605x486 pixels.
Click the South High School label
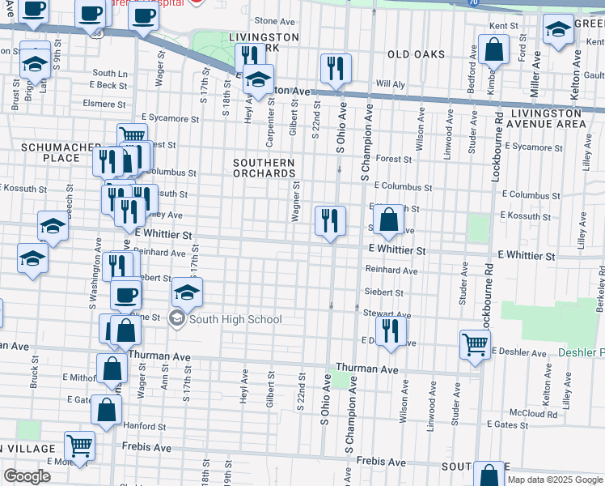coord(235,320)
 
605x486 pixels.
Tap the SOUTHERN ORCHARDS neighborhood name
coord(264,168)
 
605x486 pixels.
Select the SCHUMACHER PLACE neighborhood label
coord(50,152)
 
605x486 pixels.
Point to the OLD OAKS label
coord(416,54)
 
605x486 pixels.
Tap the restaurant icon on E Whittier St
coord(330,221)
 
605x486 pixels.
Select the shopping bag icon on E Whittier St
coord(389,220)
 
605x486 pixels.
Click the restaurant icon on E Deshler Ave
coord(390,330)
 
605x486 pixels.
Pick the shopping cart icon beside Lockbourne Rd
coord(474,345)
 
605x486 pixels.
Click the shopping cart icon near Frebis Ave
coord(79,446)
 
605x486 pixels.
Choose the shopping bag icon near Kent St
coord(493,51)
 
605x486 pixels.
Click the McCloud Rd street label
coord(539,413)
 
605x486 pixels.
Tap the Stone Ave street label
coord(272,21)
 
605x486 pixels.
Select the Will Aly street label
coord(390,84)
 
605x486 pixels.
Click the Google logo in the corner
coord(27,476)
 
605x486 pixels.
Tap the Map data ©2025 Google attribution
coord(554,480)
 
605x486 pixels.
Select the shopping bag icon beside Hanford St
coord(107,411)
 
